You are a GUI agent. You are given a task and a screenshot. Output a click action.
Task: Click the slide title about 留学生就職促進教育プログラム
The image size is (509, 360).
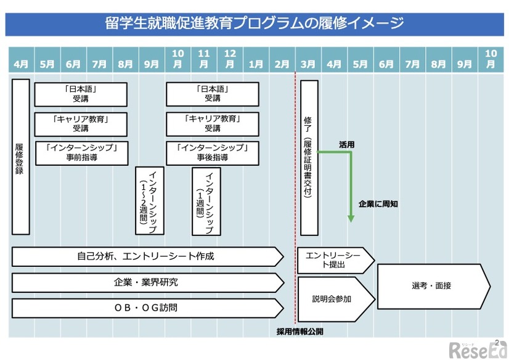[254, 24]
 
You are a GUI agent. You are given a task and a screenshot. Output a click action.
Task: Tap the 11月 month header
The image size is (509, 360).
[203, 59]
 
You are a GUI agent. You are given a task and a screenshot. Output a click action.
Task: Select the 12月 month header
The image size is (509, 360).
[230, 59]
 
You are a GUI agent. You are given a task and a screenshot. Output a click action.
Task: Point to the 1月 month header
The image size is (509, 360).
[256, 63]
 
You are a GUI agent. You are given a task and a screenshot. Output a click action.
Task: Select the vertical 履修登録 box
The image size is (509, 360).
[20, 156]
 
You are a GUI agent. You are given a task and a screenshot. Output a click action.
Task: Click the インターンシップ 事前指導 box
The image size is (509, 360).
[81, 153]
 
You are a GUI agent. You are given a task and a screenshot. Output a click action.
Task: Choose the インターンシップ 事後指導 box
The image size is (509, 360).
[212, 153]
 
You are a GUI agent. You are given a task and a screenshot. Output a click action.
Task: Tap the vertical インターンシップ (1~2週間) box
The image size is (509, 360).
[150, 200]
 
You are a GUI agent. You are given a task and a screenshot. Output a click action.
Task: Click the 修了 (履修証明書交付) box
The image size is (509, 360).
[309, 157]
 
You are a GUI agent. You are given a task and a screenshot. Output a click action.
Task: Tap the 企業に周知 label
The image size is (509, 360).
[377, 203]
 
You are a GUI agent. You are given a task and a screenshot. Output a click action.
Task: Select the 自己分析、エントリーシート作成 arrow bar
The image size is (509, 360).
[147, 256]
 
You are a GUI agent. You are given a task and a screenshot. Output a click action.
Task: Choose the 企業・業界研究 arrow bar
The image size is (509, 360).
[147, 282]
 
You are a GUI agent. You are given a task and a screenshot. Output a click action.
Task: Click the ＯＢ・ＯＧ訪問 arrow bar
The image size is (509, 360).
[147, 308]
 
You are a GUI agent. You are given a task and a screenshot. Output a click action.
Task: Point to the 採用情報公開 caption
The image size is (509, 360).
[299, 331]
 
